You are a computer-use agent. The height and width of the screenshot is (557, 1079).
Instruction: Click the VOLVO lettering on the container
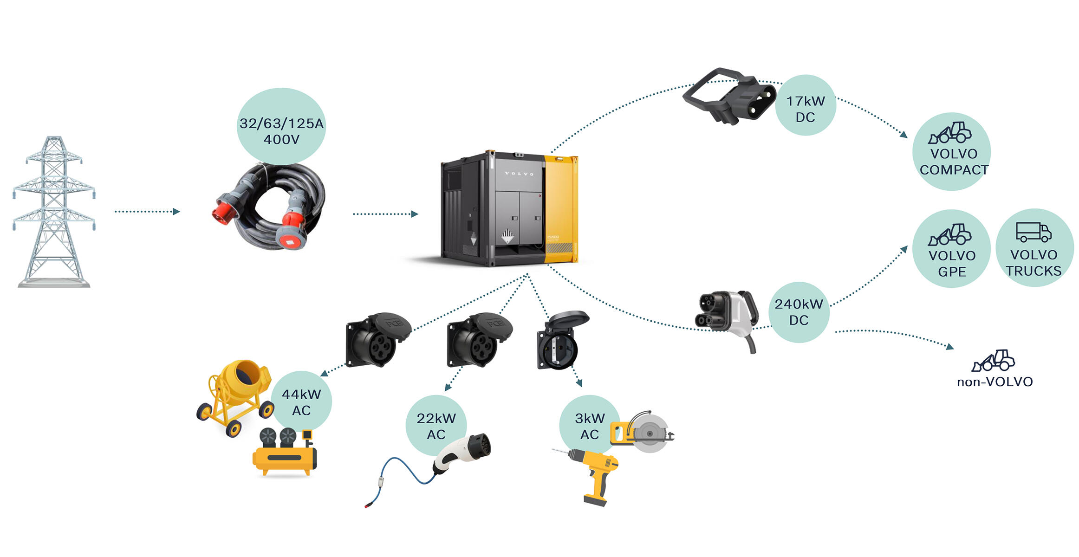519,174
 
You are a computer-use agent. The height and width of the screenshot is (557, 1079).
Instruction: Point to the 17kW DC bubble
806,105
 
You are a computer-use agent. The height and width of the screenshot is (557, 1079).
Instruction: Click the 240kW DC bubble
799,312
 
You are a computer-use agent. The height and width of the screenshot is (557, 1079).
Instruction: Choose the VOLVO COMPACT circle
952,152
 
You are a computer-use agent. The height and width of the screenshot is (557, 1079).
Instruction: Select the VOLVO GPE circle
952,249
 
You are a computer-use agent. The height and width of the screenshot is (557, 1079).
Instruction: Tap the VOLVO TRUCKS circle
1034,248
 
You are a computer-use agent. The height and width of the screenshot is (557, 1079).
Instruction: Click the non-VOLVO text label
995,382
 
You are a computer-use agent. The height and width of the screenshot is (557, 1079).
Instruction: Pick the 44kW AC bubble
301,401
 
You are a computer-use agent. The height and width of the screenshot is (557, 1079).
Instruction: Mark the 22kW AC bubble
436,425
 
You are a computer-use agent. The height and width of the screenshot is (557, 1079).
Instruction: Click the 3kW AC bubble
590,425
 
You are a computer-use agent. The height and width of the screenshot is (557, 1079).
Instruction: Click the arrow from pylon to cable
147,212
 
